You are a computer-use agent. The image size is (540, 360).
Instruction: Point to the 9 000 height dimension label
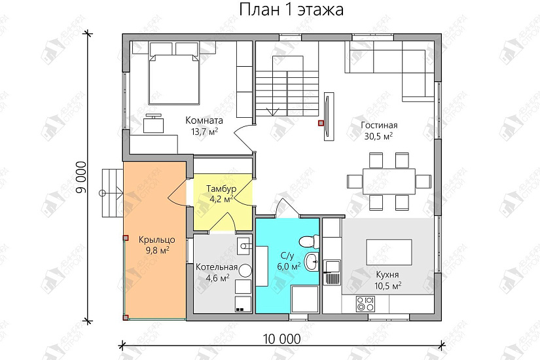click(81, 176)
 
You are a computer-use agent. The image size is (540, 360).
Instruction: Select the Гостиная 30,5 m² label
click(379, 130)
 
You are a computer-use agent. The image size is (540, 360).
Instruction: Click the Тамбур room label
click(221, 194)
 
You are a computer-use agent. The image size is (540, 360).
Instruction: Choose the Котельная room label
click(216, 272)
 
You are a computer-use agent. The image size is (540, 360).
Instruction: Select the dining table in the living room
click(389, 179)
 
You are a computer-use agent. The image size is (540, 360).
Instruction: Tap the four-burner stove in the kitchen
click(365, 304)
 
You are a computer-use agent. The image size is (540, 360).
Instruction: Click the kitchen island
click(389, 251)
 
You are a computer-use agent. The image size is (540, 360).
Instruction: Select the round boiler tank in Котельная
click(245, 270)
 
